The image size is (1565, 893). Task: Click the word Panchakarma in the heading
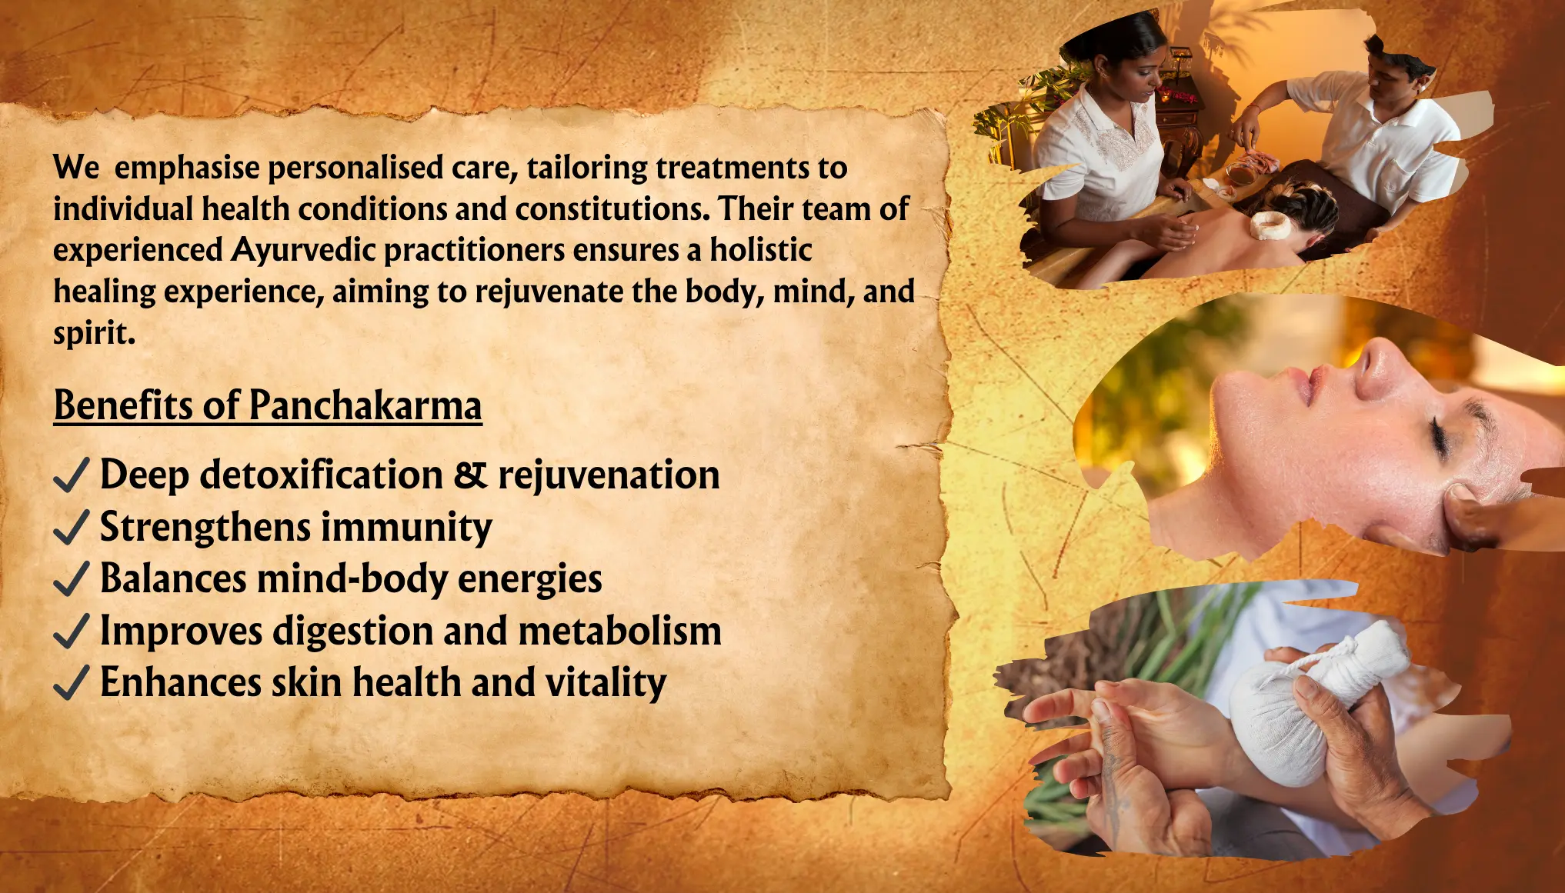(365, 405)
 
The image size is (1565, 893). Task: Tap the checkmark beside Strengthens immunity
(72, 528)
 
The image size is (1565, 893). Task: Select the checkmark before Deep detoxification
(72, 475)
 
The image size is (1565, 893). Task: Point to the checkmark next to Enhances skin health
(72, 683)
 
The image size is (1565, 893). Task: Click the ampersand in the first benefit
(470, 475)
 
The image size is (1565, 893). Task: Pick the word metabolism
(620, 631)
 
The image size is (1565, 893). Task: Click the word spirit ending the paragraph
(94, 334)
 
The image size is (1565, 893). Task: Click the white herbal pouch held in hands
(1307, 704)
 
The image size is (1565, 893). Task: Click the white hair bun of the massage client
(1270, 225)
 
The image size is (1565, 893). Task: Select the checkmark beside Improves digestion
(72, 631)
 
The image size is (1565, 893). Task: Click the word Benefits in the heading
(123, 405)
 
